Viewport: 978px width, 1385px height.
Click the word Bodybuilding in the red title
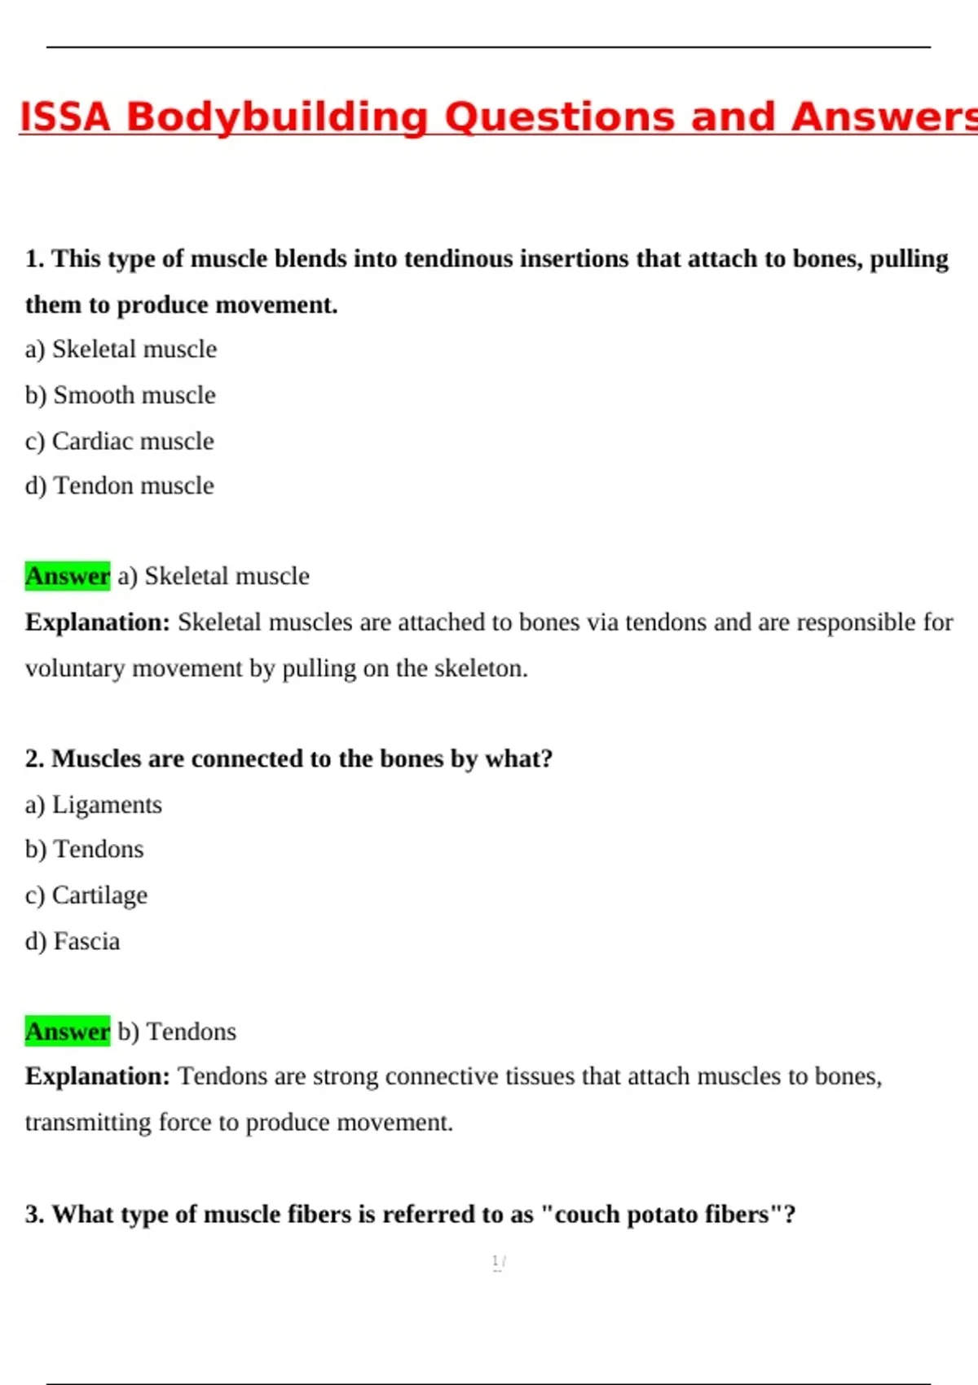(x=276, y=117)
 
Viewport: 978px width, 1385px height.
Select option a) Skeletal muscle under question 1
(x=121, y=350)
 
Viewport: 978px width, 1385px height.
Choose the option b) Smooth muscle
(x=121, y=395)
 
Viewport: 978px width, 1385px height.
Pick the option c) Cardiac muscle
(x=120, y=442)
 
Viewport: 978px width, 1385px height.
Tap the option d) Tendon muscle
(x=120, y=486)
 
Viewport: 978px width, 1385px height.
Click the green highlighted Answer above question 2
(x=67, y=576)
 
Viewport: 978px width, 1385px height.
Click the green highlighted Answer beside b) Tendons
(x=67, y=1031)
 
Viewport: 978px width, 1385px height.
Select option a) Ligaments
(x=94, y=805)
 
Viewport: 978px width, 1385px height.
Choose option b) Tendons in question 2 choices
(x=85, y=850)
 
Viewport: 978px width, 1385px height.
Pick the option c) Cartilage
(x=86, y=895)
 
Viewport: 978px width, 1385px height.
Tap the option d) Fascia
(x=73, y=942)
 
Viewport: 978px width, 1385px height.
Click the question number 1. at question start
(x=34, y=259)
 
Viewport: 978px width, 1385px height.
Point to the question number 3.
(x=34, y=1215)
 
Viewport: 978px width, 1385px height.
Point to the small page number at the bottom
(x=498, y=1262)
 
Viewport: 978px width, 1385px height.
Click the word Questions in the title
(x=561, y=117)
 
